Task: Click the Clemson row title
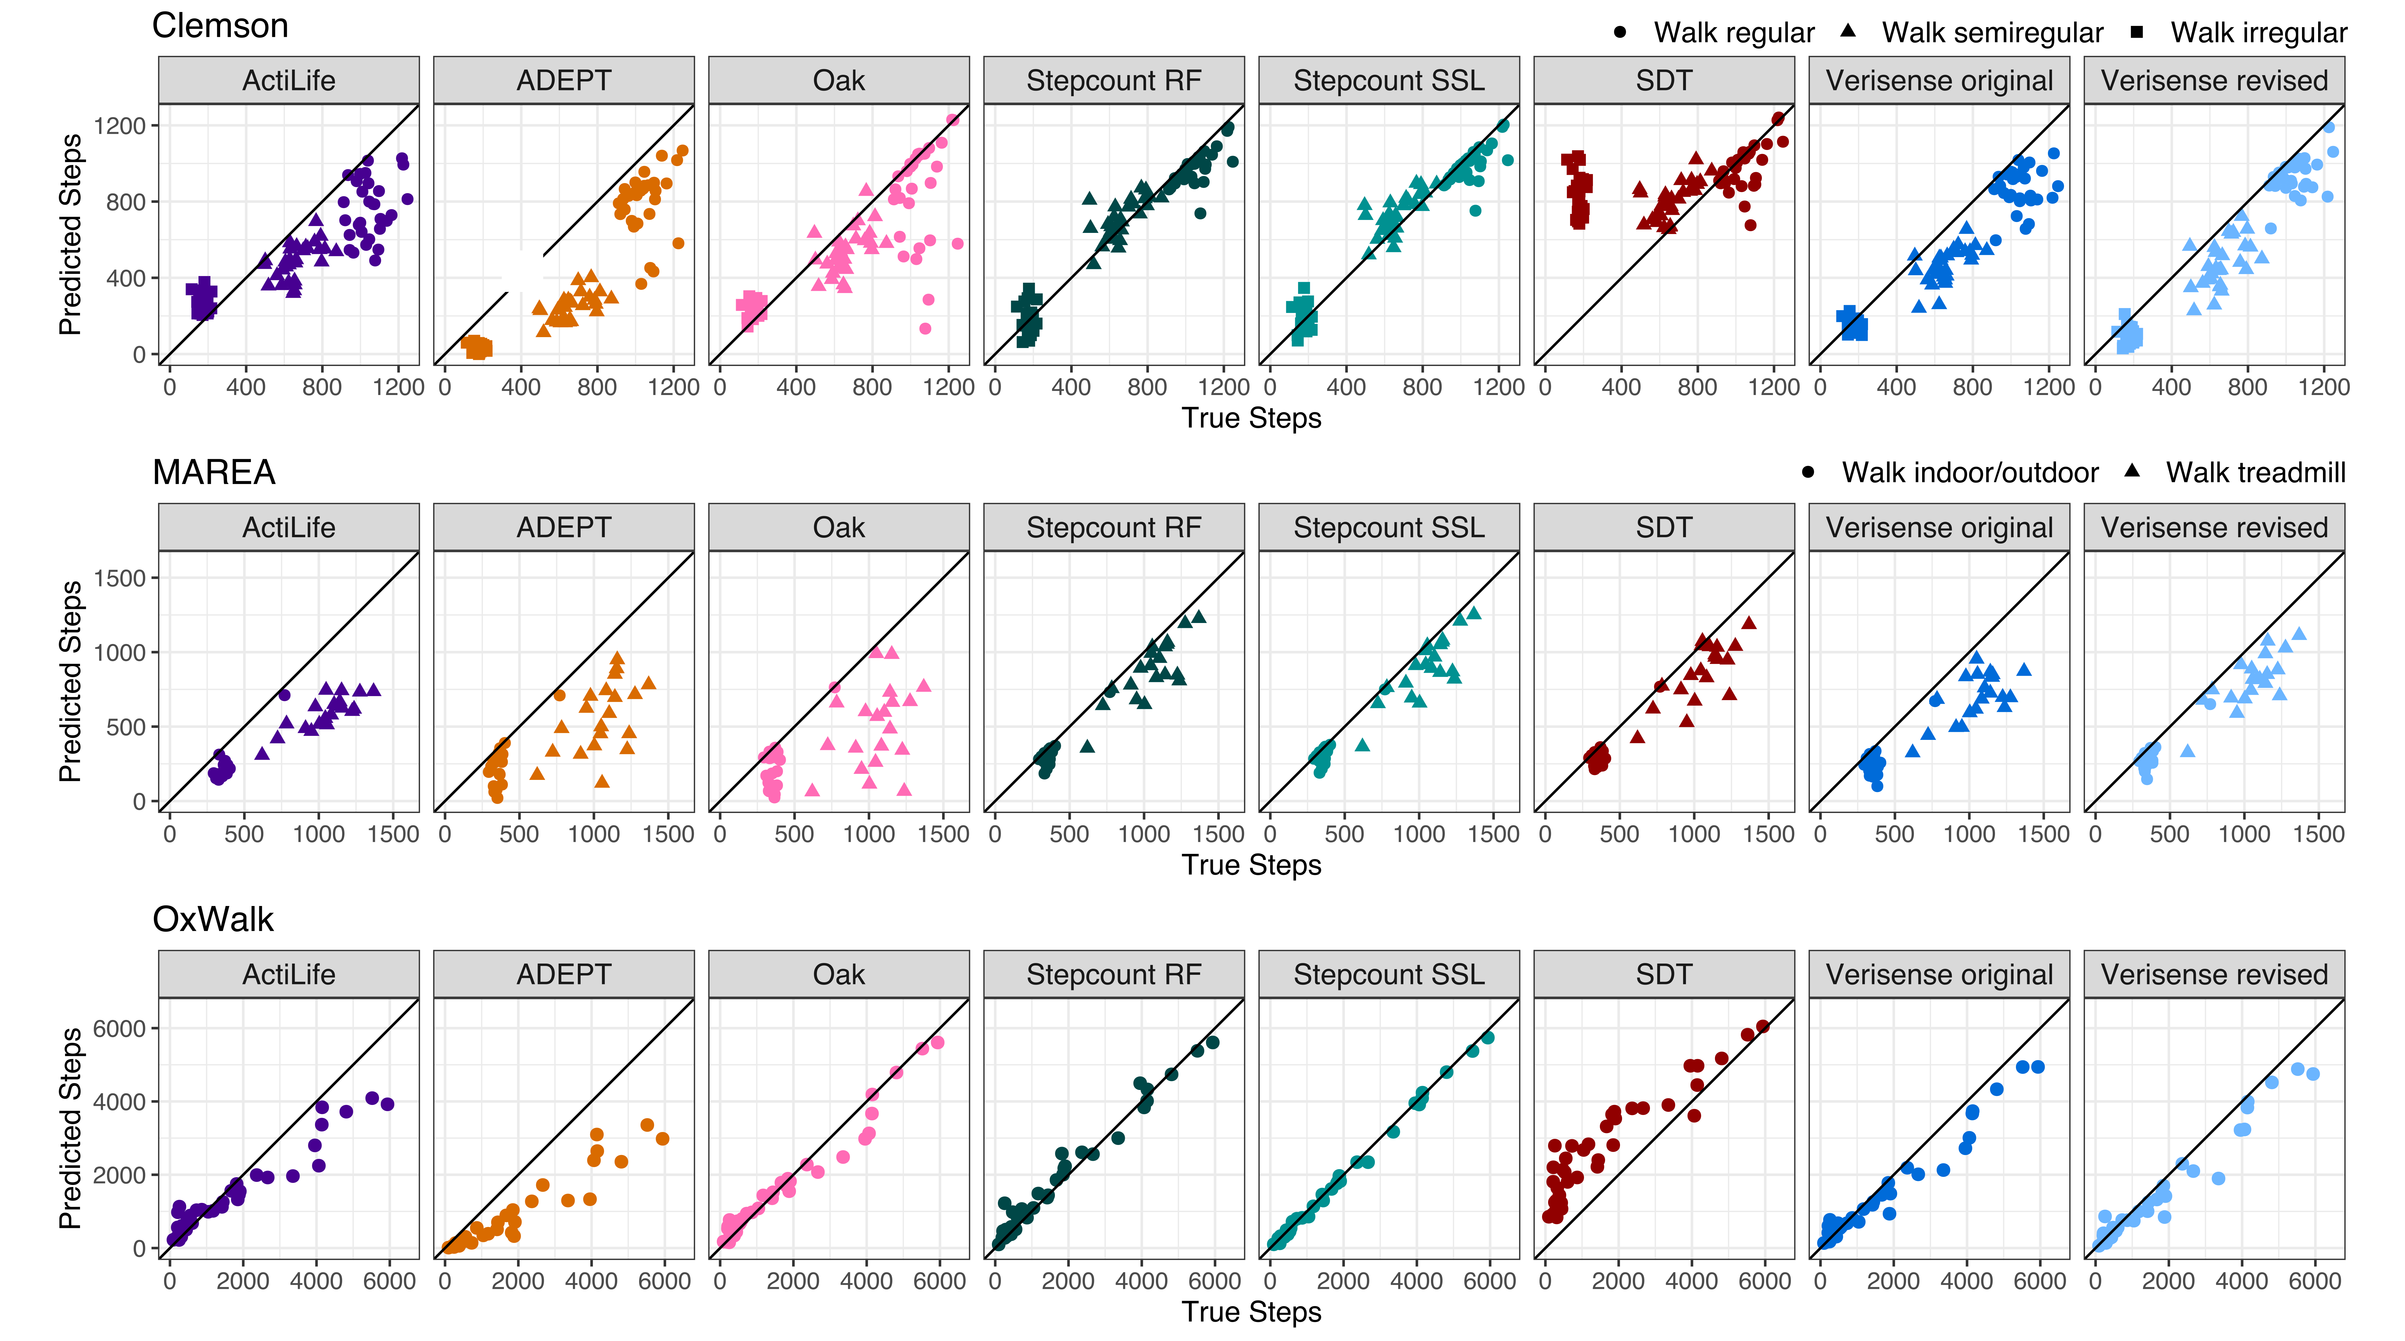click(x=220, y=26)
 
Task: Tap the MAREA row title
click(x=214, y=472)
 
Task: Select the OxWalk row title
click(x=213, y=920)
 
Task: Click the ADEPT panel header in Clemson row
click(x=564, y=80)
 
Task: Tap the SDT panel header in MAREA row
click(x=1664, y=528)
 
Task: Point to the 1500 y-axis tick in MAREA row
click(x=119, y=578)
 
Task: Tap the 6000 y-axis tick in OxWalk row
click(x=119, y=1028)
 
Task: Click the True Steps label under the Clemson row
click(x=1251, y=418)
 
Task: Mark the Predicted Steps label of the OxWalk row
click(x=70, y=1128)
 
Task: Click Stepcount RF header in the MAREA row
click(x=1114, y=528)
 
